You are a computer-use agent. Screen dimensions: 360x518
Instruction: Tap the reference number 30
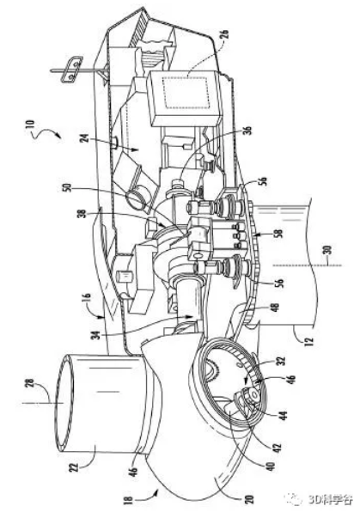[x=331, y=251]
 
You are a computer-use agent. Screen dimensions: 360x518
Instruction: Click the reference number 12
[x=308, y=339]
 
